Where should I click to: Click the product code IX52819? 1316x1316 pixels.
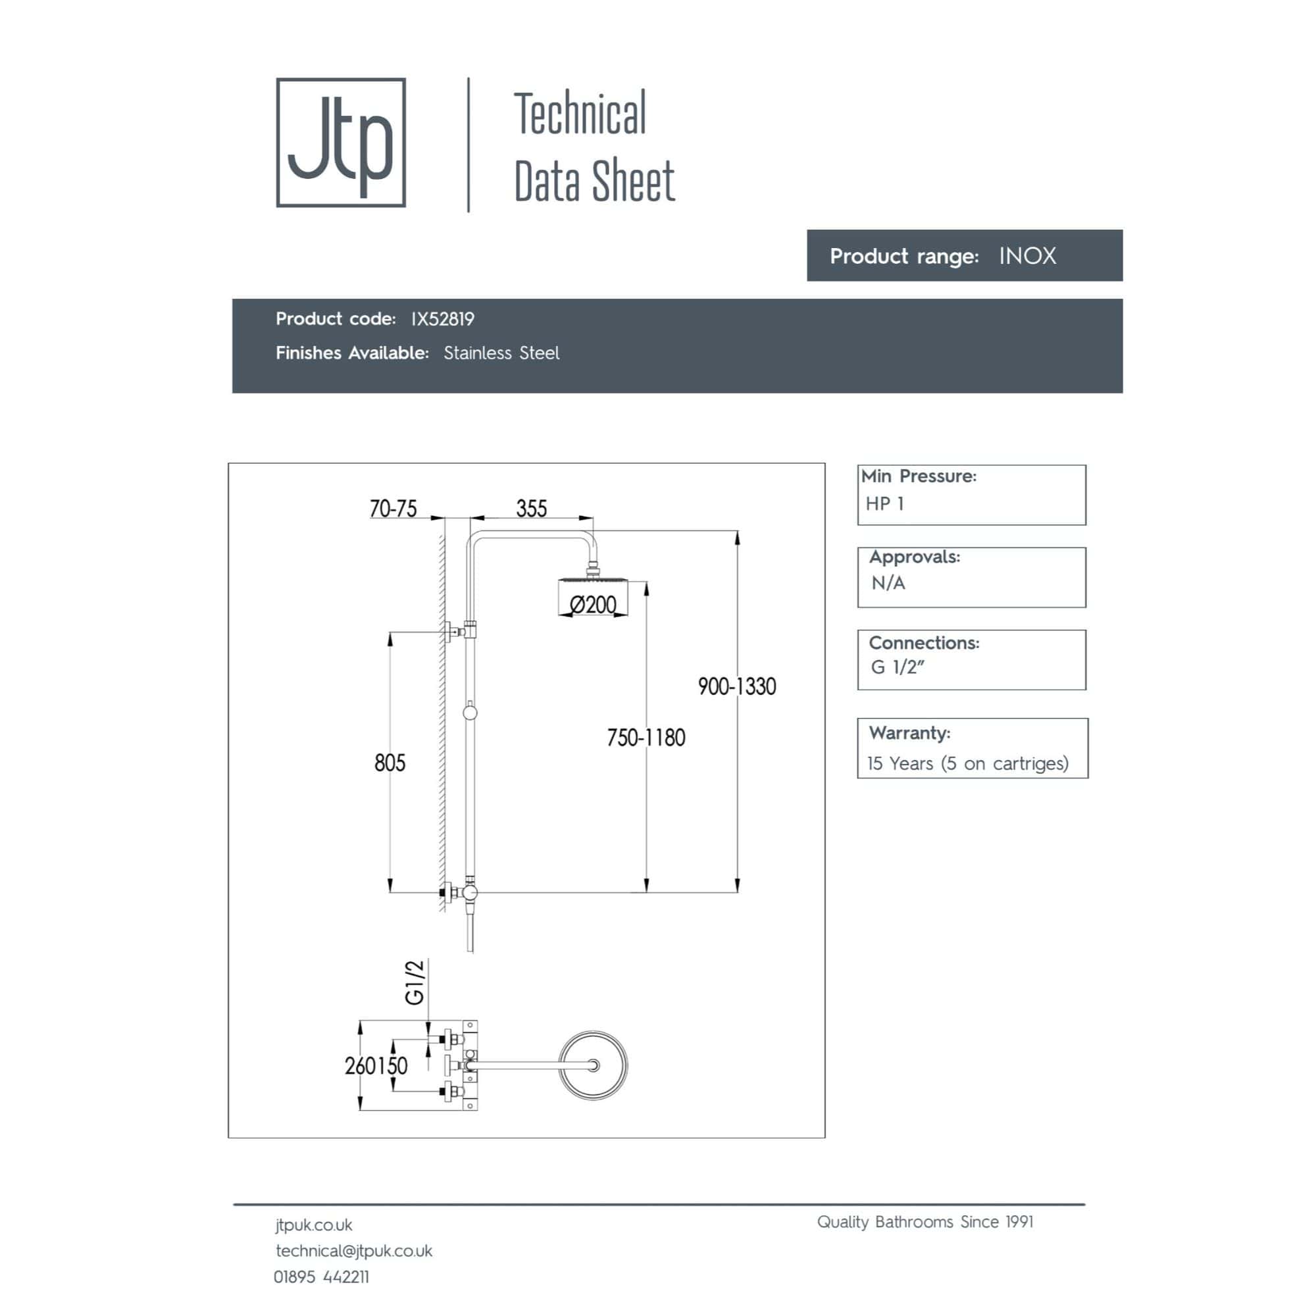tap(443, 318)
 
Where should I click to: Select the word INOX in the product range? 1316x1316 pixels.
tap(1027, 256)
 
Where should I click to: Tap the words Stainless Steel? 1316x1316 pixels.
tap(501, 353)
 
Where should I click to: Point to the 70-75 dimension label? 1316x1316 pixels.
tap(393, 508)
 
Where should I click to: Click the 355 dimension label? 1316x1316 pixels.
tap(531, 508)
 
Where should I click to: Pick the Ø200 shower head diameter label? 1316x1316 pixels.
tap(593, 604)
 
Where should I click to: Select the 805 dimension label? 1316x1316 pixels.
tap(390, 762)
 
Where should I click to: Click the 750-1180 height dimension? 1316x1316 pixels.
tap(645, 737)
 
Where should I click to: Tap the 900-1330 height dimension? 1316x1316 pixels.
tap(737, 686)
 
